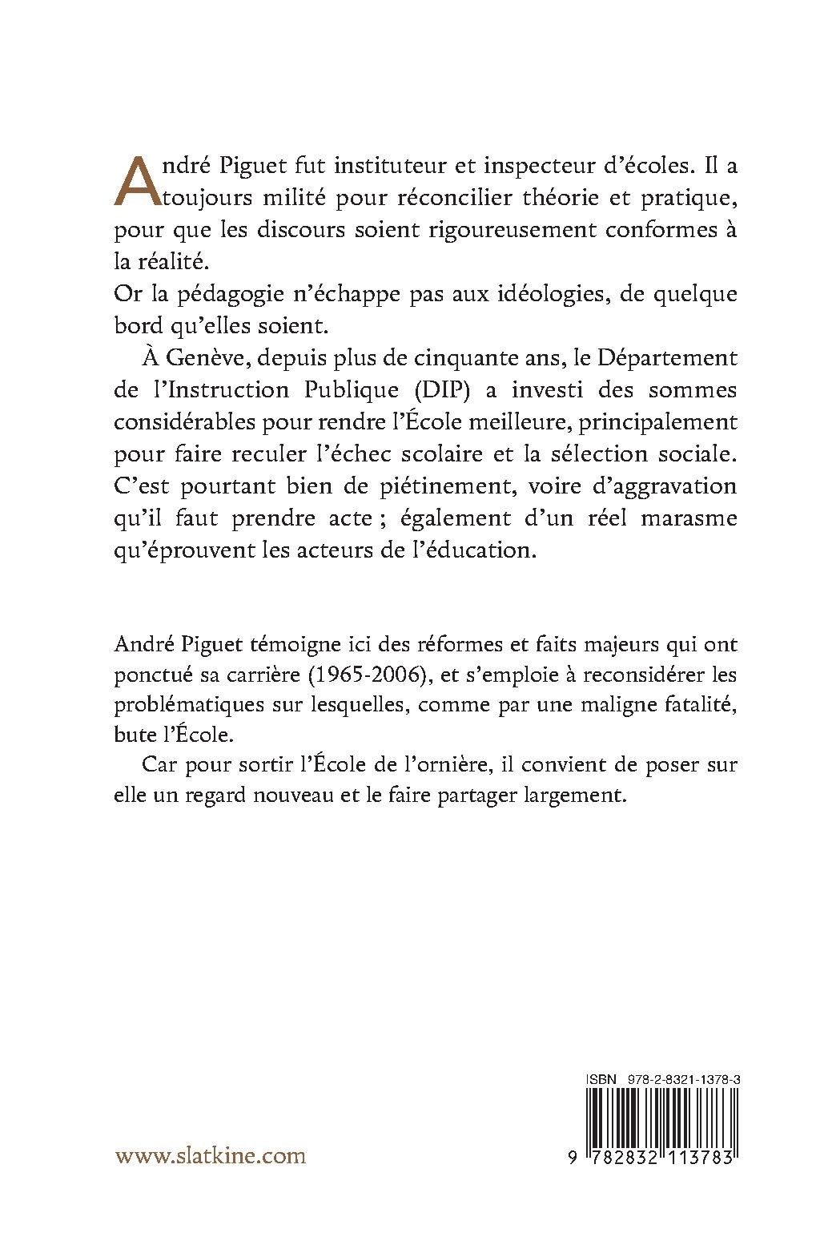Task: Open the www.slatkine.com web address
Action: click(211, 1155)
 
